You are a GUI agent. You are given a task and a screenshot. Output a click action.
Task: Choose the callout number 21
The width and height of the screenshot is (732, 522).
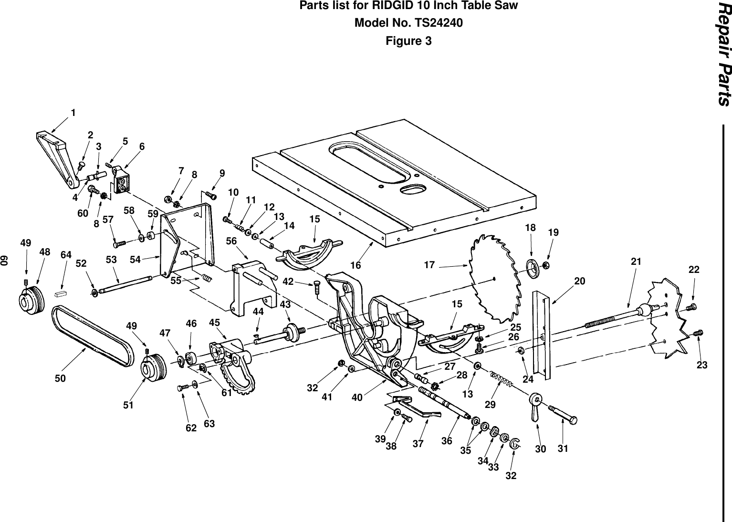click(x=636, y=261)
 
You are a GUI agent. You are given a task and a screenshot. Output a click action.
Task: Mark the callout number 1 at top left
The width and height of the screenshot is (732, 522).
click(x=73, y=113)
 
